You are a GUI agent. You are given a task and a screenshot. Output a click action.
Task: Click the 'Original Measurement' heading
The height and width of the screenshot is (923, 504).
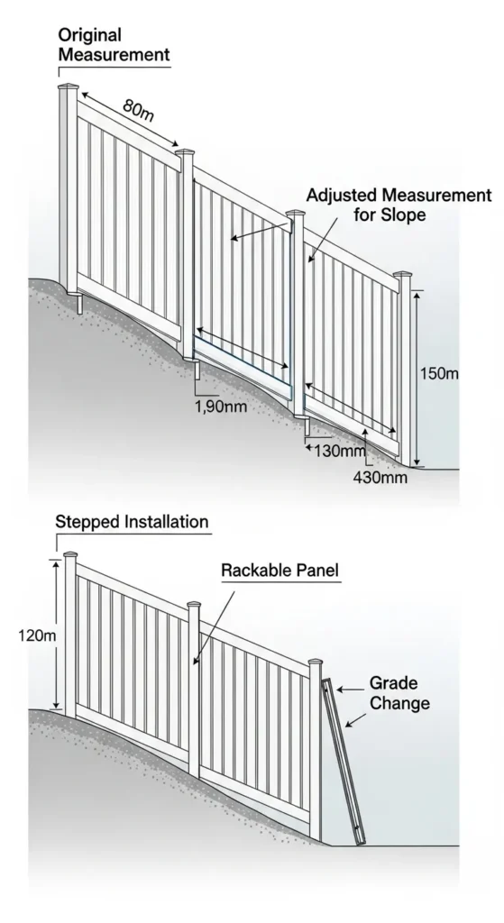113,44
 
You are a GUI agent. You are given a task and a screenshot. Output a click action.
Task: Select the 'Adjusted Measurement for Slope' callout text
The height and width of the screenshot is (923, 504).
399,206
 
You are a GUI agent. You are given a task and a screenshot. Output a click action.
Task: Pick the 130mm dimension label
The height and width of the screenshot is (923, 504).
339,450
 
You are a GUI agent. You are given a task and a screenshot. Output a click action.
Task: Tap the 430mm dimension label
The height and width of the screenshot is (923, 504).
380,478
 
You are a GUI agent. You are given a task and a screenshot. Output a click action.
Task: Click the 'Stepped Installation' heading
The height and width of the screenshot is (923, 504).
132,522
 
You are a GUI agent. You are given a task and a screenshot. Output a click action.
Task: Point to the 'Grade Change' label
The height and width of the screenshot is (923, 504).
399,693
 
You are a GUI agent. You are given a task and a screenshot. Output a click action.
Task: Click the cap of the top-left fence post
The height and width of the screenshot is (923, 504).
68,87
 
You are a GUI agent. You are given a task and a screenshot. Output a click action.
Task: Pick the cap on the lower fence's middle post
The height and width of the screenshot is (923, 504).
193,605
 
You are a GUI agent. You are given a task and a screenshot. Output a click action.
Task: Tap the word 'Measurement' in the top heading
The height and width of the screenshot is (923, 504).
113,55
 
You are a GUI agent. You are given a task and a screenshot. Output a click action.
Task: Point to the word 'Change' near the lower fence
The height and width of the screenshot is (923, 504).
399,703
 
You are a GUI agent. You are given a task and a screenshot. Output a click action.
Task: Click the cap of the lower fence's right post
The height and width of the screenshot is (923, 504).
316,663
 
